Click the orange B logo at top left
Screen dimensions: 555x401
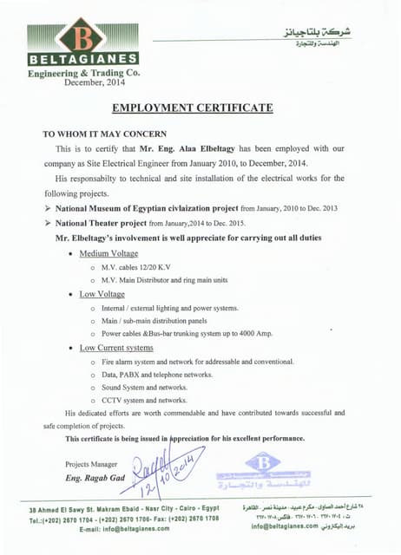pyautogui.click(x=82, y=38)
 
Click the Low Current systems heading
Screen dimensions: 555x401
pyautogui.click(x=116, y=347)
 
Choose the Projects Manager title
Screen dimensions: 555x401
pyautogui.click(x=89, y=464)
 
